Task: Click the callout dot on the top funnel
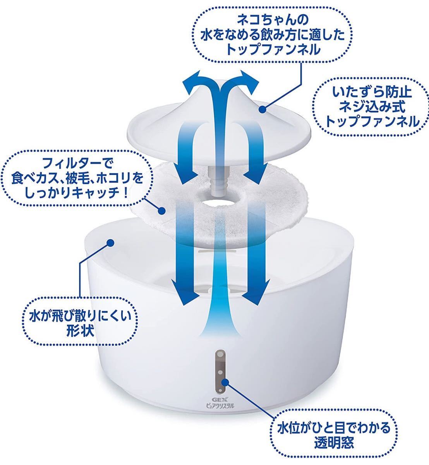[x=262, y=110]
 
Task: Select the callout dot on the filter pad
[x=162, y=210]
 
